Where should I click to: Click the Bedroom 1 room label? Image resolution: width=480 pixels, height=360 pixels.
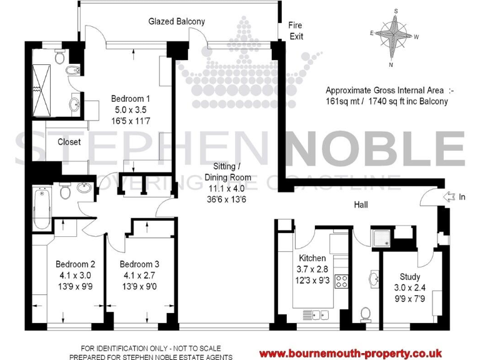click(x=130, y=98)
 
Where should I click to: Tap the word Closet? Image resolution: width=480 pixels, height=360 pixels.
click(x=69, y=142)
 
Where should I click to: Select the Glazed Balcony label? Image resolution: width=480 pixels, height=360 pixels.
click(x=176, y=21)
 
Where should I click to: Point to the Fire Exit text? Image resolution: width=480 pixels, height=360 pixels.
click(x=296, y=31)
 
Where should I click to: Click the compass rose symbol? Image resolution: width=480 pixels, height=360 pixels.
click(x=394, y=37)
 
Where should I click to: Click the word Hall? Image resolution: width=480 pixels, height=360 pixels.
click(x=361, y=204)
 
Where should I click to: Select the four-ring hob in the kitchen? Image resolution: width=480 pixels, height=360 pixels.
click(x=342, y=281)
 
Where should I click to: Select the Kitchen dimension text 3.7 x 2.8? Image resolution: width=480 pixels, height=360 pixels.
click(x=311, y=269)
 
